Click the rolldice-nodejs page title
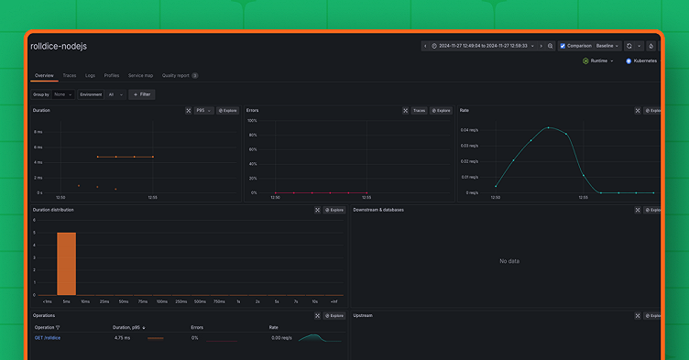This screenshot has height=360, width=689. tap(59, 46)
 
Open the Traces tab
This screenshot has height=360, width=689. tap(70, 75)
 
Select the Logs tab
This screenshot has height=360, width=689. tap(90, 75)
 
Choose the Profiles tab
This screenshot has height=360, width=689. tap(112, 75)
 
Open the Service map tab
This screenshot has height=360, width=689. tap(140, 75)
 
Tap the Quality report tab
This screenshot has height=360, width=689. tap(176, 75)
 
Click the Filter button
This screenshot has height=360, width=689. tap(142, 93)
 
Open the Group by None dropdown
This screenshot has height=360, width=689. tap(64, 93)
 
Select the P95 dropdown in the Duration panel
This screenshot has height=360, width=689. tap(203, 110)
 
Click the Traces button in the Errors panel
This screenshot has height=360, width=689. tap(419, 110)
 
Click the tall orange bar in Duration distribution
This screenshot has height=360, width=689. tap(66, 263)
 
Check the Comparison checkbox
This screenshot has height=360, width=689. tap(563, 46)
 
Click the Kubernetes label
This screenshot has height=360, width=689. tap(644, 60)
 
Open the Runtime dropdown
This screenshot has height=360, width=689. tap(601, 60)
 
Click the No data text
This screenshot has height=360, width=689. tap(509, 261)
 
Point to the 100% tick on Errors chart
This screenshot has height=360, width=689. tap(252, 121)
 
